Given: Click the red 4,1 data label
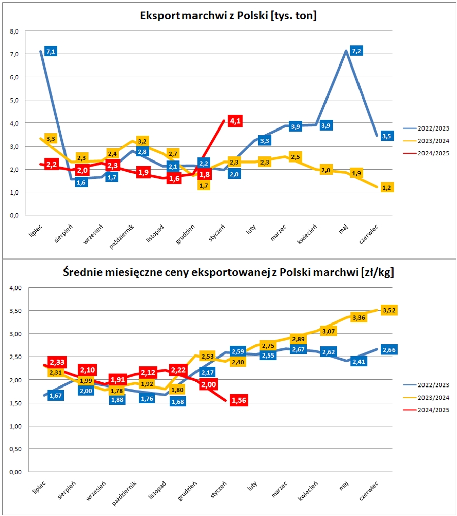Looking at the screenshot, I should (x=235, y=121).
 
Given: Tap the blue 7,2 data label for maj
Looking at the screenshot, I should (x=356, y=51).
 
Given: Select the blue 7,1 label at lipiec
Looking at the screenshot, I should (x=50, y=51).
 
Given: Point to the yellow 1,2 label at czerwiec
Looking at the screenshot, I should (x=387, y=188).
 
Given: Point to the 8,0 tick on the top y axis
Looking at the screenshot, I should (x=14, y=31).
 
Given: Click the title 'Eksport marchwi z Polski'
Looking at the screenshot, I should (x=228, y=16).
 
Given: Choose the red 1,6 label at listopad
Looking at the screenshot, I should (x=174, y=178).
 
